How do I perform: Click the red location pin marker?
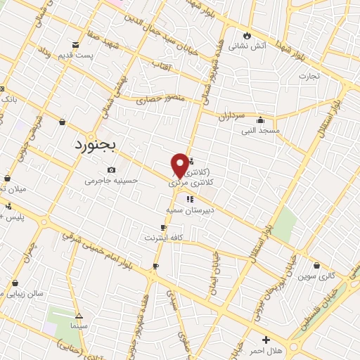coord(180,165)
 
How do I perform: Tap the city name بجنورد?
coord(98,144)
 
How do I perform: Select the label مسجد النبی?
coord(261,130)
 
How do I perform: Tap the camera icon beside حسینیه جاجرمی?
coord(112,169)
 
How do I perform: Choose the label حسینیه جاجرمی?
coord(112,181)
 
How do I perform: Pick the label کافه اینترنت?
coord(163,238)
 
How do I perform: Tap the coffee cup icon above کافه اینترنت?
coord(164,227)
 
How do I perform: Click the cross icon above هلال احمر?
coord(266,340)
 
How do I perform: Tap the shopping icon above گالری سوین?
coord(319,266)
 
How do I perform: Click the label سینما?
coord(79,327)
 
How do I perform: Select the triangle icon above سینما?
coord(79,316)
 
